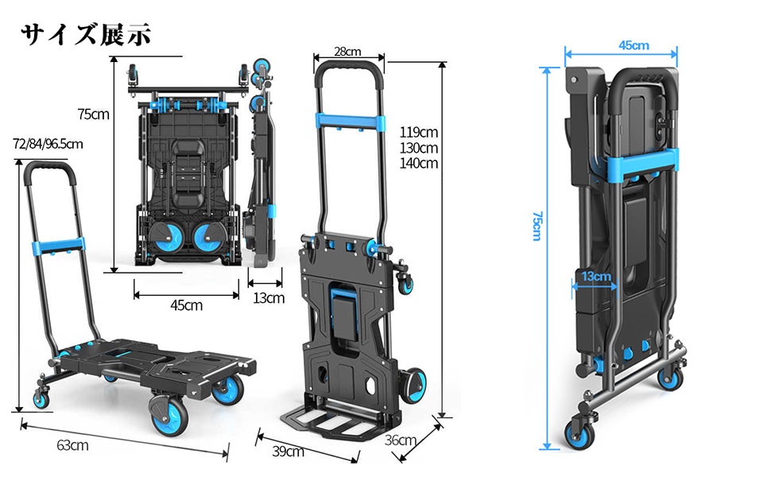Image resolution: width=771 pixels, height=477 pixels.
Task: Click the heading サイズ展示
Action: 85,34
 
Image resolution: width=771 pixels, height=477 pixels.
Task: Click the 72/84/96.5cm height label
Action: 48,144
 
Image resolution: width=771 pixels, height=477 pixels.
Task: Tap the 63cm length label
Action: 72,445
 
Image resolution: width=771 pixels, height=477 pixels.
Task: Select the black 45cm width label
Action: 186,304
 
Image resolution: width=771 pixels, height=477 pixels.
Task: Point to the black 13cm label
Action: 268,298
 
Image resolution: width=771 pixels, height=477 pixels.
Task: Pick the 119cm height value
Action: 420,132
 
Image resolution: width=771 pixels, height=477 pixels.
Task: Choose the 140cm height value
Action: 420,164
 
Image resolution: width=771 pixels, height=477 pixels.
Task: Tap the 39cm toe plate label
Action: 288,452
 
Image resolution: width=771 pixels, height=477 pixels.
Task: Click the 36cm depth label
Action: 401,440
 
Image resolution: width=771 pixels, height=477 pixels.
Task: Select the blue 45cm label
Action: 633,45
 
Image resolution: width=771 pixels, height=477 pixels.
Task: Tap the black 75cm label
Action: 94,114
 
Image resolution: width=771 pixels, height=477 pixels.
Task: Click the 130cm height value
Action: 420,148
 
